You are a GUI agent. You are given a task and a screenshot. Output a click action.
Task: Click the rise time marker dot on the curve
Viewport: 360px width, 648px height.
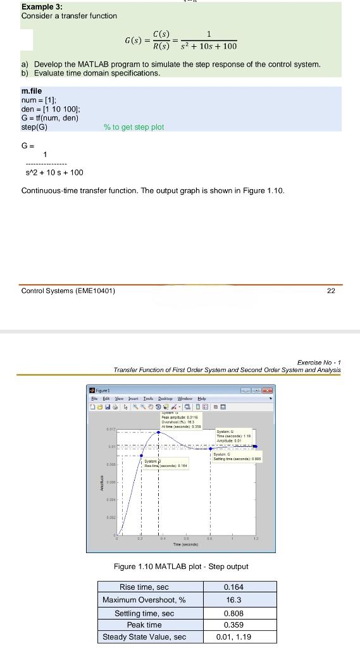(x=141, y=454)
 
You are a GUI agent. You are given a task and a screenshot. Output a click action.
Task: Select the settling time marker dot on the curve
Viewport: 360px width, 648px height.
(x=211, y=446)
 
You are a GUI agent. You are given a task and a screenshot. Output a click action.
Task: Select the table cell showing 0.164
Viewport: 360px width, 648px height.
(x=233, y=587)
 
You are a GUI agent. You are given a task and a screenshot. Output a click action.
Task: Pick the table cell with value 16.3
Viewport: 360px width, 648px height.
(x=233, y=599)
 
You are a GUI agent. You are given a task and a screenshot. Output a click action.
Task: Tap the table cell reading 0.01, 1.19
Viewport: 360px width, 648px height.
(x=233, y=637)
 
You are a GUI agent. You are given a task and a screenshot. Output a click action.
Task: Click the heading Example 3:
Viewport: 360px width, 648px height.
(x=42, y=7)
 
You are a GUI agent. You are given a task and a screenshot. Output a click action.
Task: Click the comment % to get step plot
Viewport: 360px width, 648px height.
(x=133, y=127)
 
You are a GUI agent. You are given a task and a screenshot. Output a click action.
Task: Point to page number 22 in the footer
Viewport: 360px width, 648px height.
(x=332, y=291)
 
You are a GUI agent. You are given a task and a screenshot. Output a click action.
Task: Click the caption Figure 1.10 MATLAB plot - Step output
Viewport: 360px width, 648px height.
(x=180, y=566)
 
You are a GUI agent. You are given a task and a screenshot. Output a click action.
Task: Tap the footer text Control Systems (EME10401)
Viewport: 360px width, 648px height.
(x=68, y=291)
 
